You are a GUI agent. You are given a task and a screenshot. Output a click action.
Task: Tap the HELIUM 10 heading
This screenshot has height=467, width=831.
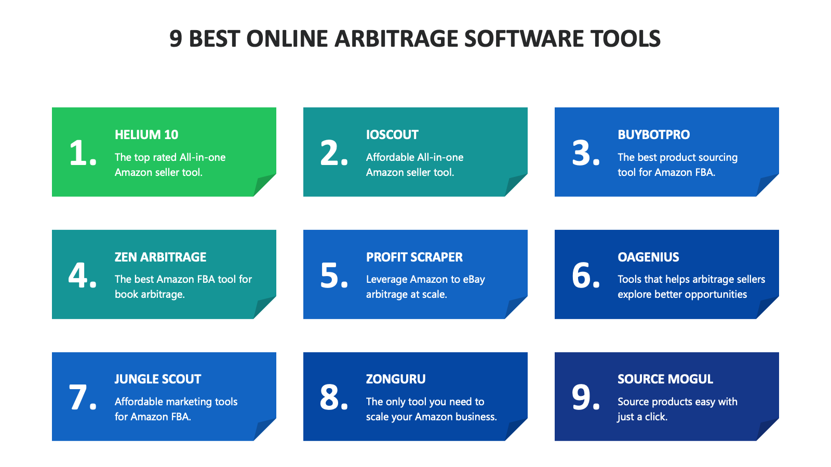coord(146,135)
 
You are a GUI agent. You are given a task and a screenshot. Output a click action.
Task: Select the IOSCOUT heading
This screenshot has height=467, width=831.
coord(392,135)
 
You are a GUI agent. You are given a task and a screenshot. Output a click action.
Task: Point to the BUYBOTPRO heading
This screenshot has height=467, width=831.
coord(653,135)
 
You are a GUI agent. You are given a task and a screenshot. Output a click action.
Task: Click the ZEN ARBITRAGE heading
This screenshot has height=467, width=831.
coord(160,257)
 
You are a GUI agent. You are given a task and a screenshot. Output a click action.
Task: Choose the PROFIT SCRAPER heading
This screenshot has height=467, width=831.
coord(414,257)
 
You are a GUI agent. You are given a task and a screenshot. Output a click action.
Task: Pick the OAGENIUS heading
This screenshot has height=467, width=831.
coord(648,257)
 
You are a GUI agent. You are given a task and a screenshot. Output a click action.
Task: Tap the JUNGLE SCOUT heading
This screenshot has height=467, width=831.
coord(158,379)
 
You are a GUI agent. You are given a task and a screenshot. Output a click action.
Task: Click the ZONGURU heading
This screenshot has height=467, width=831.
coord(396,379)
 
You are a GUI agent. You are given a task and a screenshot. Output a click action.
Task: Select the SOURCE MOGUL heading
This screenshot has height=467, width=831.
coord(665,379)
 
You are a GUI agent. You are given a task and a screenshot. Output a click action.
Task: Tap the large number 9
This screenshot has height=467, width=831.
coord(582,397)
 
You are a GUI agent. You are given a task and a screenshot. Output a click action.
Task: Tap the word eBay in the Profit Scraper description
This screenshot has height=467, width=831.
coord(474,279)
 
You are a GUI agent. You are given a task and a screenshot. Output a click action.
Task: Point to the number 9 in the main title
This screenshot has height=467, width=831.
coord(176,39)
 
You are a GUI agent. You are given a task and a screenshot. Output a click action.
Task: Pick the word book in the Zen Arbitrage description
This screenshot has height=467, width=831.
coord(126,294)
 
